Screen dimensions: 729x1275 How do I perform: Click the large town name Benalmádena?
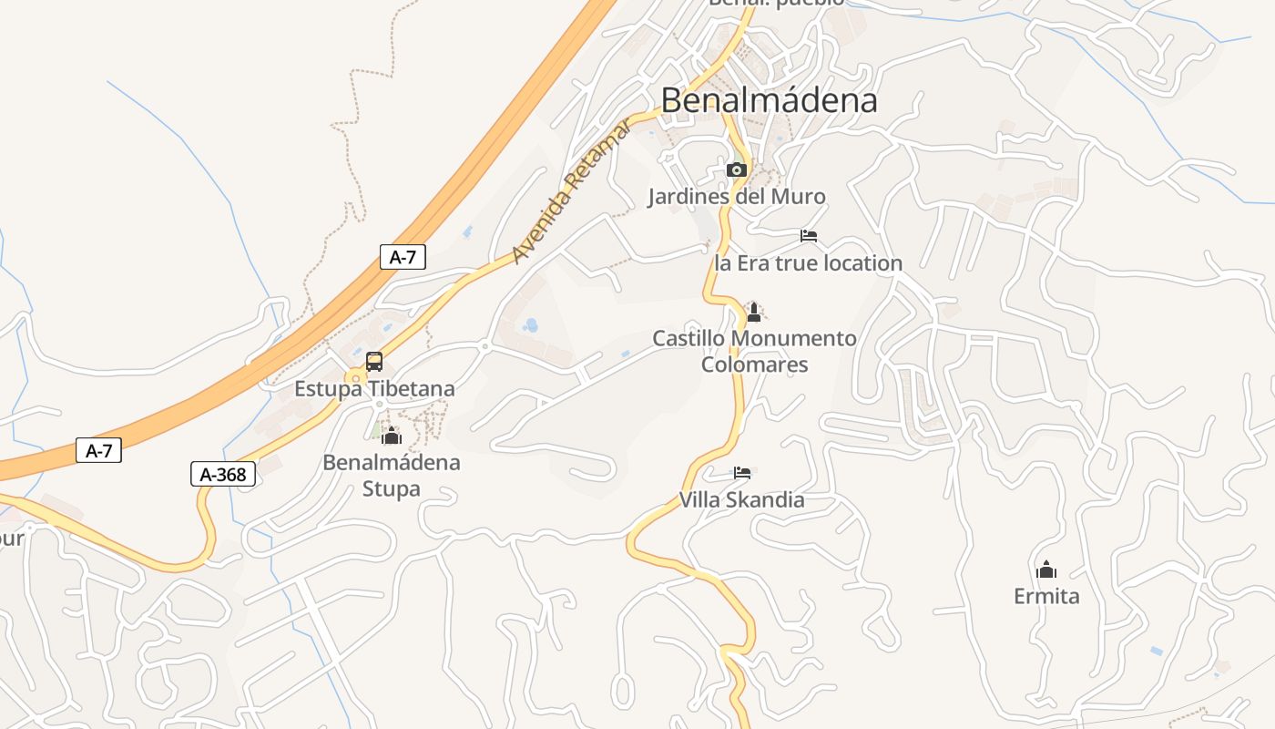tap(769, 100)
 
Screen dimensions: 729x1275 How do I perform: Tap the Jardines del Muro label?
tap(736, 197)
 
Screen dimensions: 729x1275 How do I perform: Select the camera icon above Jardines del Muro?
tap(736, 169)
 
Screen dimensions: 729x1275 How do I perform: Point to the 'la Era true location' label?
tap(808, 263)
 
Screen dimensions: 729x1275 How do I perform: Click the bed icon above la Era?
tap(808, 236)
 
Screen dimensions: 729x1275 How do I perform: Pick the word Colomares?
tap(754, 364)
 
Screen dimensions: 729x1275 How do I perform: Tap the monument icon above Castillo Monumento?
tap(753, 313)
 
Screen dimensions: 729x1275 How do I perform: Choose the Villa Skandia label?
tap(741, 499)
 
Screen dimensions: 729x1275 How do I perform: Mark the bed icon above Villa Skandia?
tap(742, 473)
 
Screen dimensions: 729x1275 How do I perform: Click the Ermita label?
tap(1046, 596)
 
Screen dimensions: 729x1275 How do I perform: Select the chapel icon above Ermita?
tap(1046, 570)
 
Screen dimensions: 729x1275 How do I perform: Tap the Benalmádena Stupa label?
tap(392, 475)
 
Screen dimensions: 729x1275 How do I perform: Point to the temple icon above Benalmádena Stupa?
tap(392, 436)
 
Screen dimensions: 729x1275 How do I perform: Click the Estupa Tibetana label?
tap(373, 389)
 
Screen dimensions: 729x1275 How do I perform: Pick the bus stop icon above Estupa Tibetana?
tap(373, 362)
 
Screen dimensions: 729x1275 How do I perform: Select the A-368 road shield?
tap(223, 474)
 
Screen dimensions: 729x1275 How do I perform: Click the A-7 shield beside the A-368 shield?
tap(98, 450)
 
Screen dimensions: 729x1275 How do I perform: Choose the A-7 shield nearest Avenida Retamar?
tap(403, 257)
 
